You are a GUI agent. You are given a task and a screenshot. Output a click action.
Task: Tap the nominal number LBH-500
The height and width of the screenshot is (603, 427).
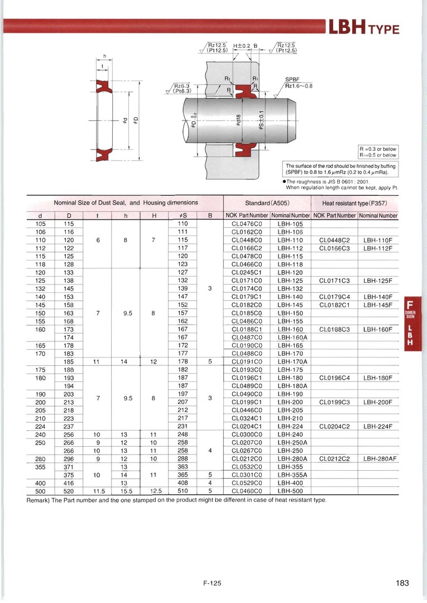coord(290,491)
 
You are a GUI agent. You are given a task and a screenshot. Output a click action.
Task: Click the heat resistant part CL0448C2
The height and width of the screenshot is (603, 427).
coord(334,240)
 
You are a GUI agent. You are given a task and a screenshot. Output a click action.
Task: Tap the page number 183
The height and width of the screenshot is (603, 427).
coord(402,583)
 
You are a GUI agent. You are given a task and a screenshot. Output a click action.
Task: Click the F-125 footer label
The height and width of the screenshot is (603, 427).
coord(213,583)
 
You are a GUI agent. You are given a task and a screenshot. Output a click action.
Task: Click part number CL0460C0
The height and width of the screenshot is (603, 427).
coord(246,491)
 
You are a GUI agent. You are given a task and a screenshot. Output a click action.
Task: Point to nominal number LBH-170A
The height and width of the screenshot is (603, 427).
coord(291,361)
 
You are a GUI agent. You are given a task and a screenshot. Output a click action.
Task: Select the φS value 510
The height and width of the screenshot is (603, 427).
coord(182,491)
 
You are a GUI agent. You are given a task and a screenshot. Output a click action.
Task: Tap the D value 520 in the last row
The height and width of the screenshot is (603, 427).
coord(69,491)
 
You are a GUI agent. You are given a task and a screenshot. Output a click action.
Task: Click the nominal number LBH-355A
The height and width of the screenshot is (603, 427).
coord(291,475)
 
